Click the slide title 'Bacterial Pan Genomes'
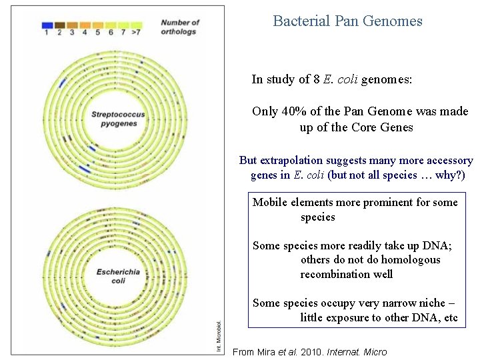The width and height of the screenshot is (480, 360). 347,21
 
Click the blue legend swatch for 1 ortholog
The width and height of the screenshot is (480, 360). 47,24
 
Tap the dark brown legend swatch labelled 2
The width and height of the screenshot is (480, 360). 59,24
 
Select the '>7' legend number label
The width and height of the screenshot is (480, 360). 136,32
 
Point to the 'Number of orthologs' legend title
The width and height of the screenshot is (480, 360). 179,27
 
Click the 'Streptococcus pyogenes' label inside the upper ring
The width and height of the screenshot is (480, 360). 119,119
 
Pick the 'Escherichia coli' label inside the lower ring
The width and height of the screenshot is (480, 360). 119,276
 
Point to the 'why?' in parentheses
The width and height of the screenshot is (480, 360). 446,175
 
